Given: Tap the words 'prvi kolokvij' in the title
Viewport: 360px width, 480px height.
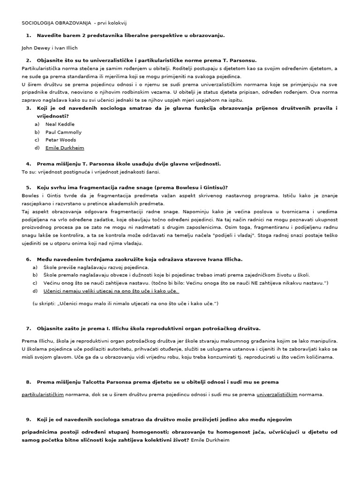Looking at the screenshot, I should point(116,22).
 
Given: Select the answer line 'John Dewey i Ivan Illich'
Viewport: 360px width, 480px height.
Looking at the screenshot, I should point(49,47).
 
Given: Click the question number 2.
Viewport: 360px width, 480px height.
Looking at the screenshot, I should point(29,60).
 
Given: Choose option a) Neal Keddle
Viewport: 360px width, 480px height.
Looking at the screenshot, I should point(60,124).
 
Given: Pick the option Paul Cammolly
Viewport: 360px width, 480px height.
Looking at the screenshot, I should point(63,132).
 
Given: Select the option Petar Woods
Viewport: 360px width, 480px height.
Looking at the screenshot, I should point(60,140).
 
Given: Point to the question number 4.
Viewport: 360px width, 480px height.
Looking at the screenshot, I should point(29,164).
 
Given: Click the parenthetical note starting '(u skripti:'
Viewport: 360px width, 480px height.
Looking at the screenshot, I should point(125,304).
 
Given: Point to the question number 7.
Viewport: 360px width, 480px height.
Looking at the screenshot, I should point(29,328).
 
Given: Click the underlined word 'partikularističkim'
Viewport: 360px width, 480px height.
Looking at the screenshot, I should point(43,394).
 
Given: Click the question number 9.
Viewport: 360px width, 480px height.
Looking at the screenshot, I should point(29,419).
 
